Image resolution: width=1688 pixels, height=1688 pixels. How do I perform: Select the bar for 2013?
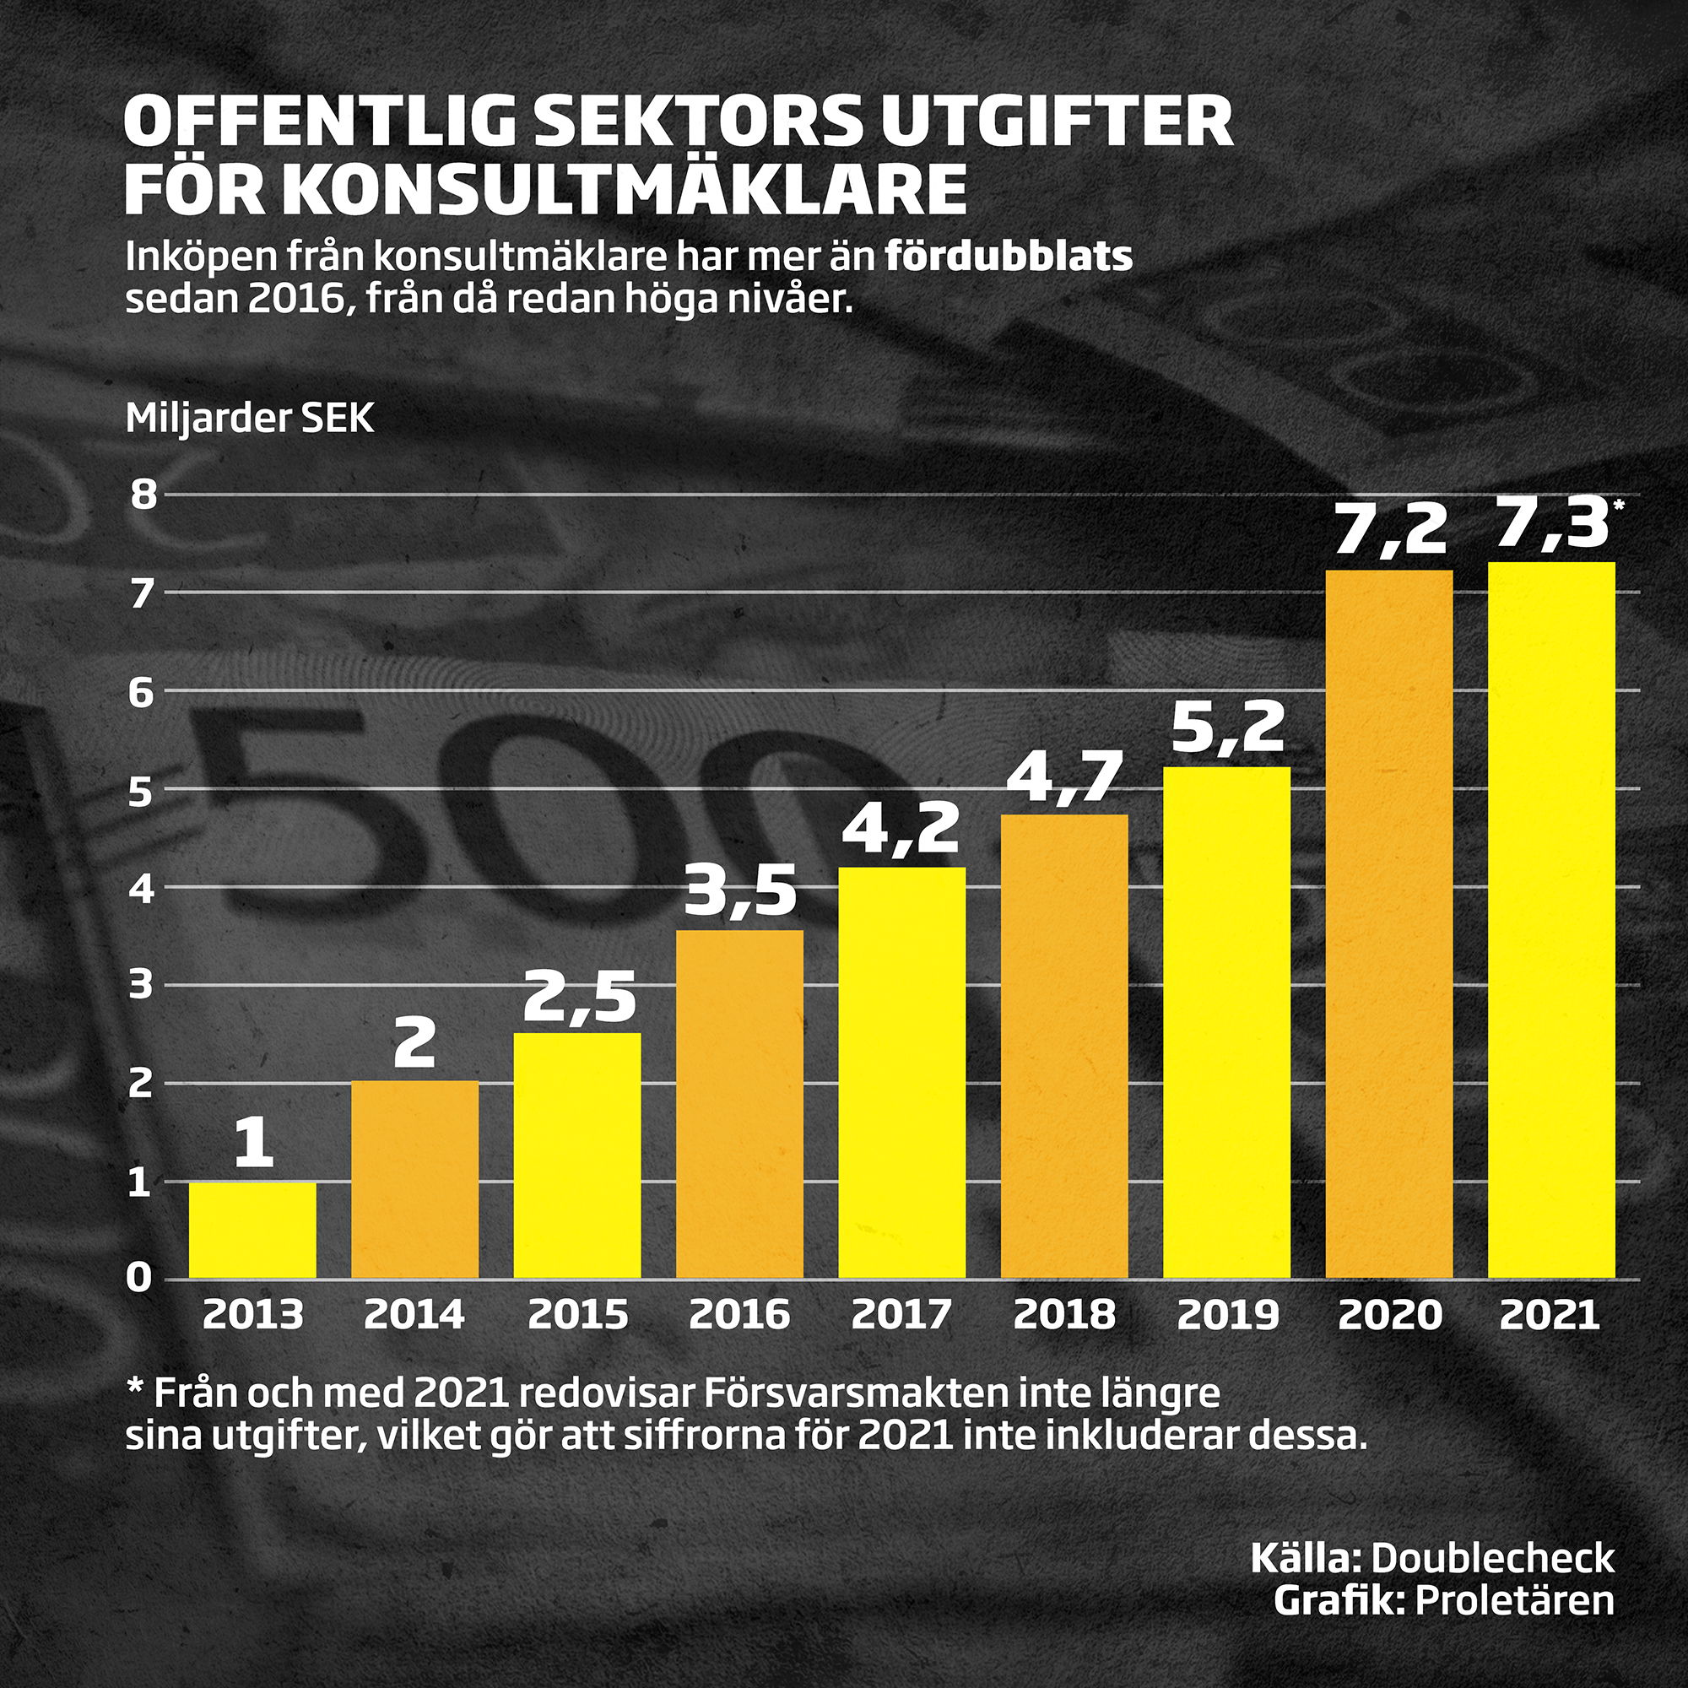click(x=252, y=1231)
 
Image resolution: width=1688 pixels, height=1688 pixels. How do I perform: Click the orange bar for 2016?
click(x=739, y=1104)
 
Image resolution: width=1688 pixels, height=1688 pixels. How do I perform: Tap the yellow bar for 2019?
click(x=1226, y=1022)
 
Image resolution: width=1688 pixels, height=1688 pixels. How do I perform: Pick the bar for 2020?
click(x=1388, y=924)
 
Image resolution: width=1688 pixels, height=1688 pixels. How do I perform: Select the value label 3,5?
click(x=739, y=894)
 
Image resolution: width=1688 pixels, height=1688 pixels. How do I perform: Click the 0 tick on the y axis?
click(x=140, y=1278)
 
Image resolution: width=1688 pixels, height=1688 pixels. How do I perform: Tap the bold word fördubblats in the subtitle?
click(x=1009, y=257)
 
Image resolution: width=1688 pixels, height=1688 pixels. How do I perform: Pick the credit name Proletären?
click(x=1514, y=1599)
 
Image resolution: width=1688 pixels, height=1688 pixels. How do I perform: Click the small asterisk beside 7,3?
click(x=1619, y=505)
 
